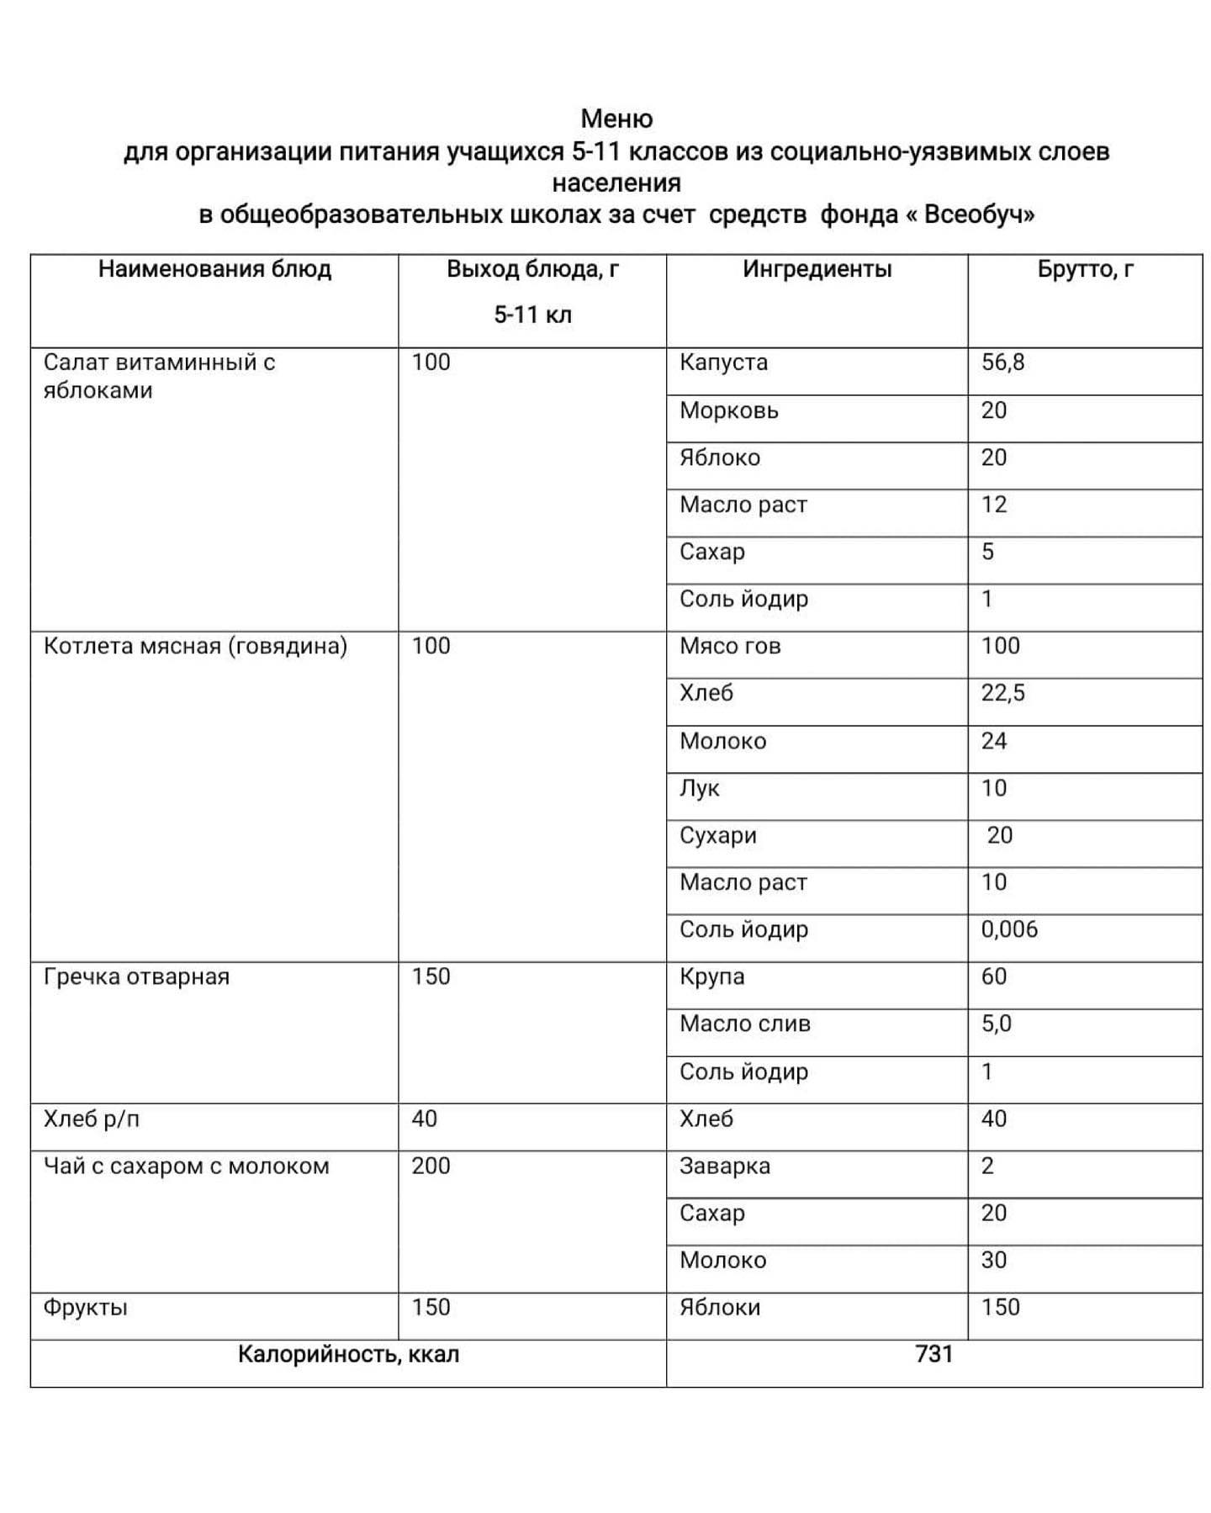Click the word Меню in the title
[x=616, y=119]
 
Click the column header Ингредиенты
[x=817, y=269]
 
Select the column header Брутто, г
[x=1085, y=269]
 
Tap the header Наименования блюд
[x=214, y=269]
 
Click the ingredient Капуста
[x=723, y=362]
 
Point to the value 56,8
[x=1002, y=362]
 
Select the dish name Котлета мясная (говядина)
[x=195, y=646]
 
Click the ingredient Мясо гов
[x=730, y=646]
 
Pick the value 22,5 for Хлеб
[x=1002, y=693]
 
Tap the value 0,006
[x=1009, y=929]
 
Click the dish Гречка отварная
[x=136, y=976]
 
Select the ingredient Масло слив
[x=745, y=1024]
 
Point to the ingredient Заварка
[x=725, y=1166]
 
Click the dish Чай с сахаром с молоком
[x=186, y=1166]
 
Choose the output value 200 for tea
[x=431, y=1166]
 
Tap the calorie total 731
[x=933, y=1354]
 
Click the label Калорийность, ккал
[x=348, y=1354]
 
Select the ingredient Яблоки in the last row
[x=720, y=1307]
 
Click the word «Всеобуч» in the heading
[x=970, y=214]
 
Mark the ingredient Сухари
[x=718, y=835]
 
